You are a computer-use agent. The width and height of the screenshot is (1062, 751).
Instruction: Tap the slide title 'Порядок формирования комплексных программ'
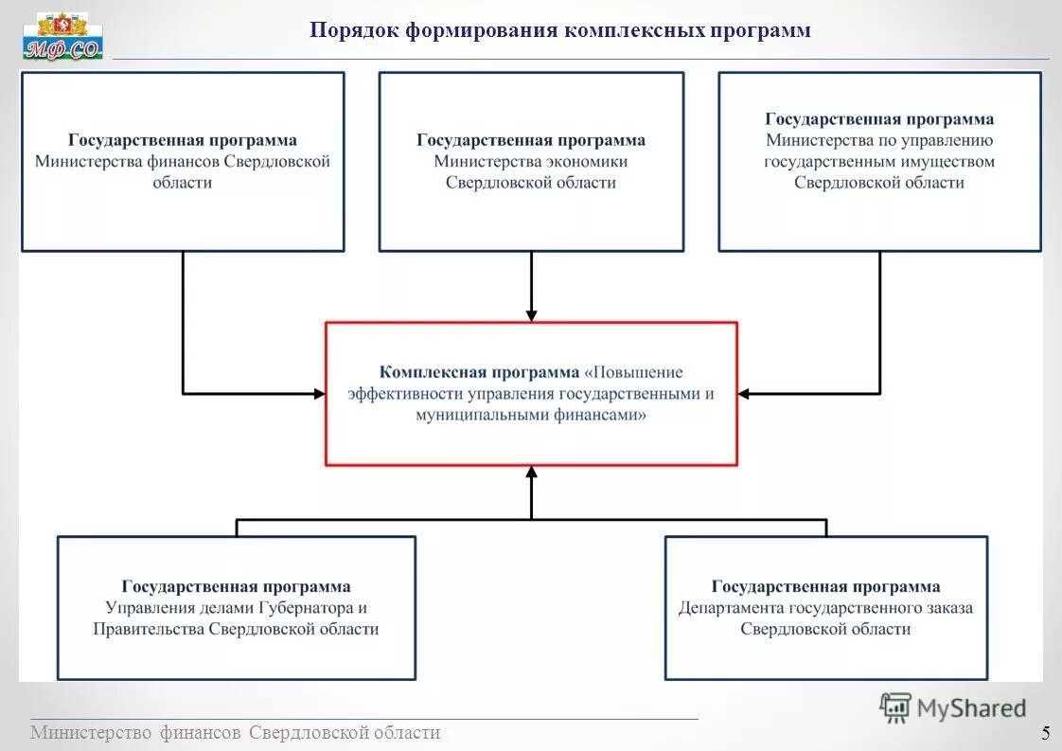[x=559, y=31]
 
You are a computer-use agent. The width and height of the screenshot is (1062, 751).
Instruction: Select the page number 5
[x=1045, y=733]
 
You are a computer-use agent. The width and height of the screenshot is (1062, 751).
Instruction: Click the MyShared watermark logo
[x=953, y=707]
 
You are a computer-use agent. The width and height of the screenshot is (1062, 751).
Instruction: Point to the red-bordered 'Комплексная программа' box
[x=531, y=393]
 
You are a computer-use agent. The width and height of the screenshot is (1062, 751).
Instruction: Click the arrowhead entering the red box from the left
[x=319, y=393]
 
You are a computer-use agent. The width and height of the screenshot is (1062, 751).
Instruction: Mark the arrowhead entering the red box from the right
[x=744, y=393]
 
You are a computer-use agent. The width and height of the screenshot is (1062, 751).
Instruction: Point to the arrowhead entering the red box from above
[x=531, y=314]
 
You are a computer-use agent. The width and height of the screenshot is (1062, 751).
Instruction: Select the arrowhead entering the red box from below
[x=531, y=472]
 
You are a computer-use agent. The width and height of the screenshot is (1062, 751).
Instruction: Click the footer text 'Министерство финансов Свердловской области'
[x=235, y=733]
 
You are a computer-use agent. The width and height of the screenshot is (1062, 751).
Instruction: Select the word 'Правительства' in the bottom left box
[x=149, y=629]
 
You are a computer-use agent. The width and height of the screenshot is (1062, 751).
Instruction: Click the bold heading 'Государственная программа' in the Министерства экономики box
[x=531, y=141]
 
